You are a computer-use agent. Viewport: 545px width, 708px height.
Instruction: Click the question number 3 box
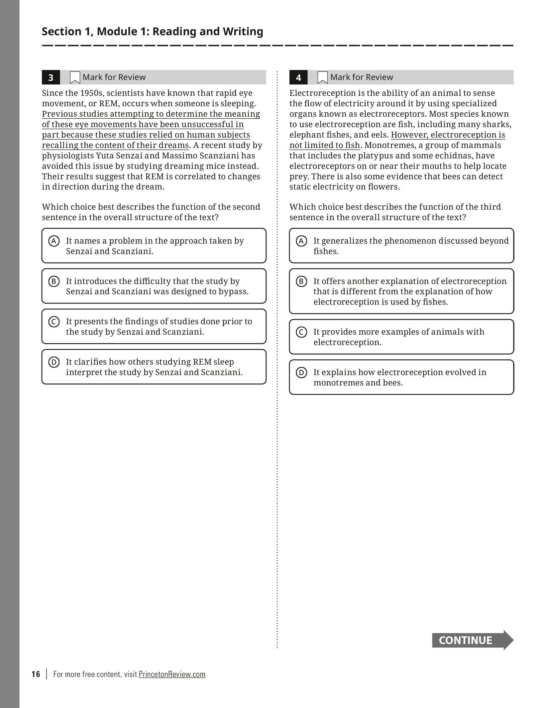pyautogui.click(x=51, y=77)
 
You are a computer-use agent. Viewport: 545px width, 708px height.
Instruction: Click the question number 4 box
pyautogui.click(x=298, y=77)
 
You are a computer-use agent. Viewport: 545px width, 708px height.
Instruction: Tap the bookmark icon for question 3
pyautogui.click(x=75, y=77)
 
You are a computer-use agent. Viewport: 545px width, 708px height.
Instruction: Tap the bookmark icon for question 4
pyautogui.click(x=322, y=77)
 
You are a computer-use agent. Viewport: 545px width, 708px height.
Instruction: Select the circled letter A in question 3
pyautogui.click(x=54, y=241)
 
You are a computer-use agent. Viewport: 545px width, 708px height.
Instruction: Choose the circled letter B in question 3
pyautogui.click(x=54, y=282)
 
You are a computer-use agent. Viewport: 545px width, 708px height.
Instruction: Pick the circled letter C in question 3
pyautogui.click(x=54, y=322)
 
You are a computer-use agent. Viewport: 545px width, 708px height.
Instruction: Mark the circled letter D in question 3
pyautogui.click(x=54, y=362)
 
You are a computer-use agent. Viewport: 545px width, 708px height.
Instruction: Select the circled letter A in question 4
pyautogui.click(x=301, y=241)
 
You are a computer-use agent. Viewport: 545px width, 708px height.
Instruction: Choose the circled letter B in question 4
pyautogui.click(x=301, y=282)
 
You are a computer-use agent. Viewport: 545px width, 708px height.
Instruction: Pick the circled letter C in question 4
pyautogui.click(x=301, y=332)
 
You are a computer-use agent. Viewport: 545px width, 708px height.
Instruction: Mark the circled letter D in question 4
pyautogui.click(x=301, y=373)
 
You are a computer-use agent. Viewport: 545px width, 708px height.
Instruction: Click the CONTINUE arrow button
pyautogui.click(x=472, y=640)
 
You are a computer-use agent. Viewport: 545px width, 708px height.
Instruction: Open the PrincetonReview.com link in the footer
pyautogui.click(x=172, y=674)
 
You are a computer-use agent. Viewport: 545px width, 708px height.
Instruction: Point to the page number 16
pyautogui.click(x=36, y=674)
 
